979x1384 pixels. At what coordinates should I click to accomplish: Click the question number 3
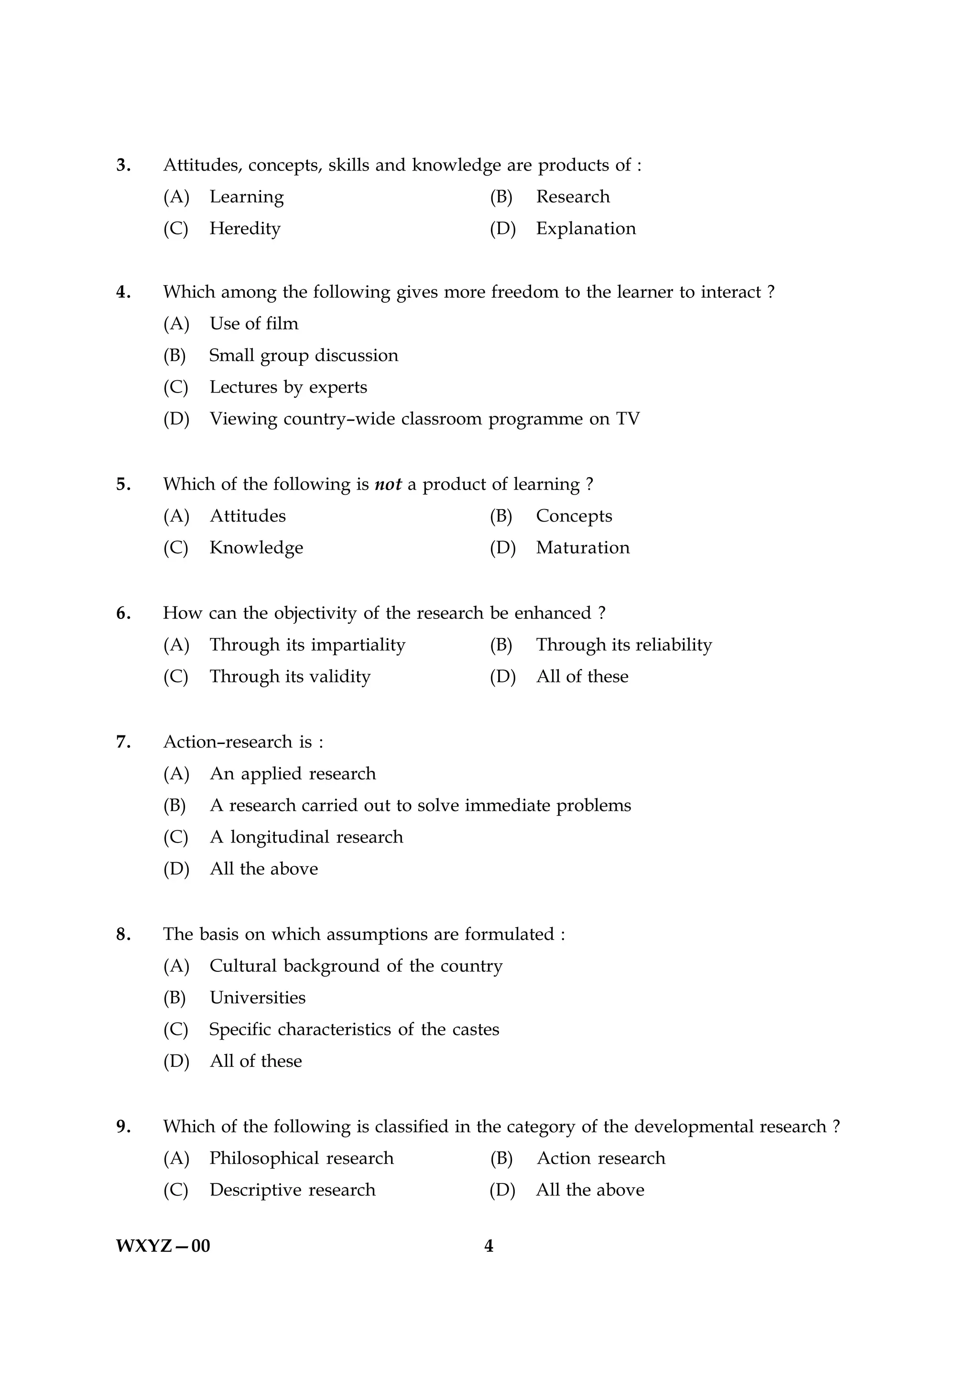122,165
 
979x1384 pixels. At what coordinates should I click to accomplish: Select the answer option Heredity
244,228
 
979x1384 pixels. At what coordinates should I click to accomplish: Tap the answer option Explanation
585,228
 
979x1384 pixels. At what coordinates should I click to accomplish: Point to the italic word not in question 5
388,485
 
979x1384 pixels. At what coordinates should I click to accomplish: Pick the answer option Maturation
582,548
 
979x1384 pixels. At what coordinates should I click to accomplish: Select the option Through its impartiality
307,645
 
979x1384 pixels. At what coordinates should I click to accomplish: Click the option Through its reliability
624,645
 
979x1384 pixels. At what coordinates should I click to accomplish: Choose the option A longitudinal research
306,837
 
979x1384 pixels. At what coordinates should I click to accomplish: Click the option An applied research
293,774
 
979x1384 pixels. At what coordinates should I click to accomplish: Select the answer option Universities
258,998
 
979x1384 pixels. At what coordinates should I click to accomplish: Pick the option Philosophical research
301,1159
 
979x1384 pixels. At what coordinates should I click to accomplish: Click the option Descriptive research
292,1190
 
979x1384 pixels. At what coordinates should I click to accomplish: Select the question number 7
122,742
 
